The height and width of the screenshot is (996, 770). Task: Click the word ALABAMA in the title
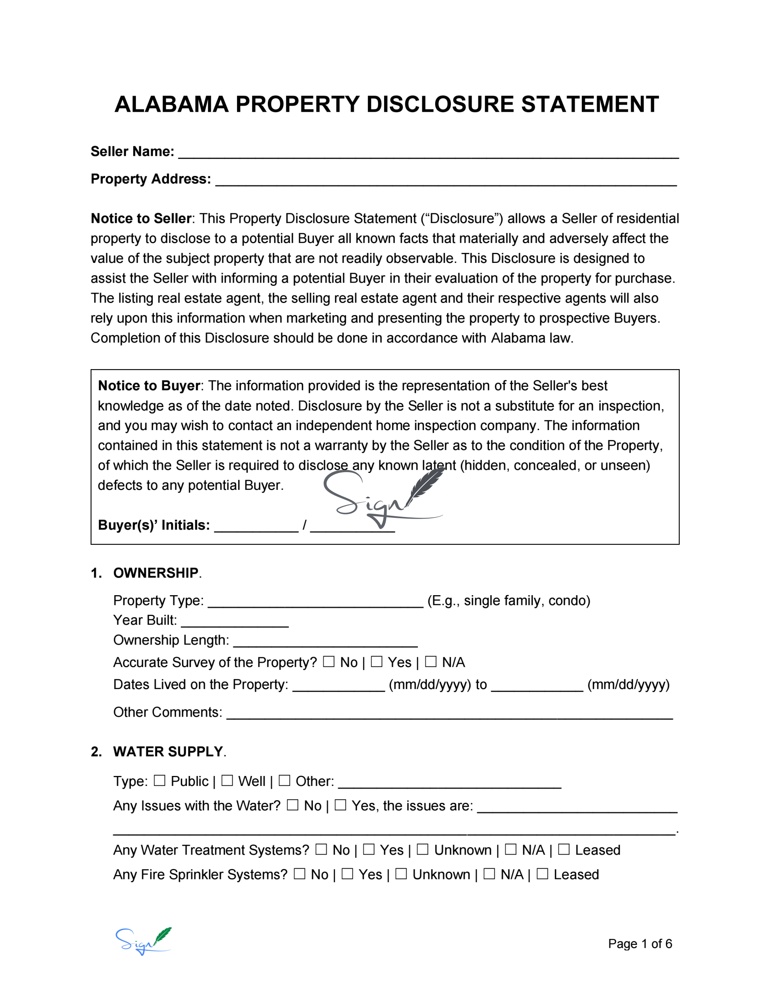pos(171,105)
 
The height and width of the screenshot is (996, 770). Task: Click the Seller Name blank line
pos(428,153)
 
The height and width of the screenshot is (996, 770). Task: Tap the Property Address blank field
pos(446,181)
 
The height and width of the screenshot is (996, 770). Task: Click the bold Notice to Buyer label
pos(149,386)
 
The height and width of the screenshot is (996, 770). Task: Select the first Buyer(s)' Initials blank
pos(256,526)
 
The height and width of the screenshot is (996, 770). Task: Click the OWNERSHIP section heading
pos(156,573)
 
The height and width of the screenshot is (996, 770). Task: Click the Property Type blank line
pos(315,602)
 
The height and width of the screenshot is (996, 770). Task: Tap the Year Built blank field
pos(235,622)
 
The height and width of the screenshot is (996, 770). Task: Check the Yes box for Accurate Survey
pos(377,662)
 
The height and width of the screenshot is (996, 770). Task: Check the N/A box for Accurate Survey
pos(430,662)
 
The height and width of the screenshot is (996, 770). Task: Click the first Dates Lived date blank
pos(338,686)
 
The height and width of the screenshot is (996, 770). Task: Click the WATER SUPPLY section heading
pos(168,752)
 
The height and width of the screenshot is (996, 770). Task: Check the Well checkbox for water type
pos(227,781)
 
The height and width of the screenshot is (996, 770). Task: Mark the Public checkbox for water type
pos(159,781)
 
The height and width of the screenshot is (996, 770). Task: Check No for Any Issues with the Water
pos(293,805)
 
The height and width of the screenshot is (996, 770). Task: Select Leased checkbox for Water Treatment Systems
pos(564,850)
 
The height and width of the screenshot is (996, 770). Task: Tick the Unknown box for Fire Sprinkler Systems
pos(401,874)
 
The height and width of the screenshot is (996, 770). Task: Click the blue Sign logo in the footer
pos(143,941)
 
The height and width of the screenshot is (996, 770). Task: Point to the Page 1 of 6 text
pos(639,943)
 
